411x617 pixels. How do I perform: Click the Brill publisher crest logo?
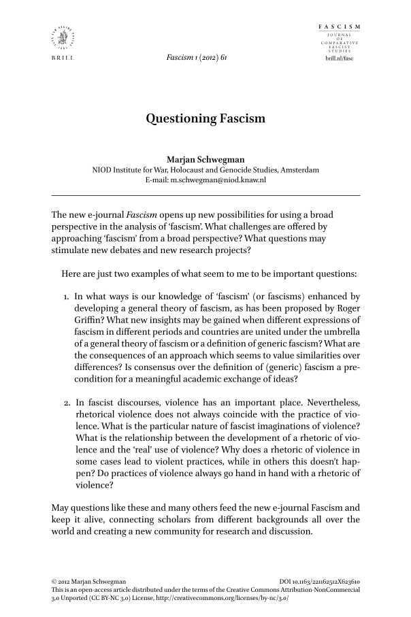coord(62,37)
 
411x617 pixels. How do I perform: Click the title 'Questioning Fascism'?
coord(205,119)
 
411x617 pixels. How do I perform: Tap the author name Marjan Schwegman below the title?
coord(205,160)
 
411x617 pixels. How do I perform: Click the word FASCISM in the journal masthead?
coord(340,26)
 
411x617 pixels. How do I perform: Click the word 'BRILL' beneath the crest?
coord(62,59)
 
